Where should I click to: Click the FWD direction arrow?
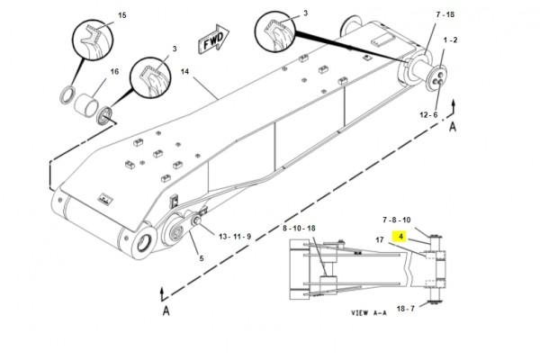pos(213,39)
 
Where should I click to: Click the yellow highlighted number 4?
pos(400,237)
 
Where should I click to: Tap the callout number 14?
pos(184,72)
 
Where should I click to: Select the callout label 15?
pos(122,15)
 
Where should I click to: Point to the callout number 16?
pos(114,71)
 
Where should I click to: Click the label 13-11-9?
pos(235,237)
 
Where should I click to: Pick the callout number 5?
pos(202,258)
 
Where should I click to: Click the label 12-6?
pos(428,114)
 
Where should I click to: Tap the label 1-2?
pos(450,40)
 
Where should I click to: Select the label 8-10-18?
pos(299,228)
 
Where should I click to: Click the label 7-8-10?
pos(397,220)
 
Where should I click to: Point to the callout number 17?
pos(380,239)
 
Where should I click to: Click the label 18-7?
pos(406,309)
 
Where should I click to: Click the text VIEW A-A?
pos(369,313)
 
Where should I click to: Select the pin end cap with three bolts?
pos(436,78)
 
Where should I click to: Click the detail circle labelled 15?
pos(93,40)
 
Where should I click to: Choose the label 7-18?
pos(445,14)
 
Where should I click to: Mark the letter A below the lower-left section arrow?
pos(166,310)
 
